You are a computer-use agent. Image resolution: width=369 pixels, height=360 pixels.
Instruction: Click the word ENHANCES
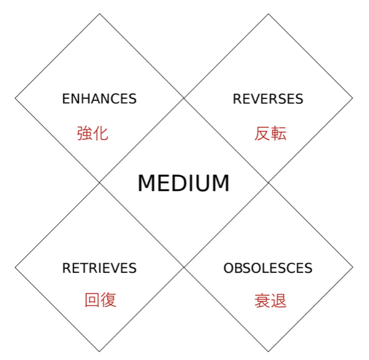99,99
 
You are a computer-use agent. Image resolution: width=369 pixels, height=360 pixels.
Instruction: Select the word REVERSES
268,99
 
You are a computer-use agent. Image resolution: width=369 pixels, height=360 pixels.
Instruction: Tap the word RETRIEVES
99,268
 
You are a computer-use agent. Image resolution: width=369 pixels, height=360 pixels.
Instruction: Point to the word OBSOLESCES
268,268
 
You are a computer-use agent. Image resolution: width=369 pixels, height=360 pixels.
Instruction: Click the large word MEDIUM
183,183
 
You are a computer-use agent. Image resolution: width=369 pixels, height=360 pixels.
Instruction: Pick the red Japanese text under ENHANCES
93,133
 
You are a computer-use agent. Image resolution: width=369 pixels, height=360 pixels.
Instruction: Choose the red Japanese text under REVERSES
271,133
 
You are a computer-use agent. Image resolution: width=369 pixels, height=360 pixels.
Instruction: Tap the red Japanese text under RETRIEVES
100,300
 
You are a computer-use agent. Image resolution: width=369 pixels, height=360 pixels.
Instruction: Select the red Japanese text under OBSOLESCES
271,301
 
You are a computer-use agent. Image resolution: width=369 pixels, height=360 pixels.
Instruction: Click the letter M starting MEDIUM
146,183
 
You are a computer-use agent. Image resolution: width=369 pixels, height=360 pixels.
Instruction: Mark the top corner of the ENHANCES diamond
100,14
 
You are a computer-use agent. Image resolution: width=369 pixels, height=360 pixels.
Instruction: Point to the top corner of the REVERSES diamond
268,14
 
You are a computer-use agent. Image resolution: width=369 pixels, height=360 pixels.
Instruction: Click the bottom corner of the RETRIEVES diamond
99,352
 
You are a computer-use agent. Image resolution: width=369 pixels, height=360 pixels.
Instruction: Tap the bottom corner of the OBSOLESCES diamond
268,352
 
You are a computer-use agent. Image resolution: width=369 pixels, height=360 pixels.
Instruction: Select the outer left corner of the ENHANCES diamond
15,98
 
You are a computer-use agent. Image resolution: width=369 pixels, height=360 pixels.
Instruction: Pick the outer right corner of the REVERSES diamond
353,98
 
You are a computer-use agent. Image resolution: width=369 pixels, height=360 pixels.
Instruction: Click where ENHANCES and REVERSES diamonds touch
184,98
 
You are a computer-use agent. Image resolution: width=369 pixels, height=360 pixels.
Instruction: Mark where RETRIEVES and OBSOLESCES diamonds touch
184,267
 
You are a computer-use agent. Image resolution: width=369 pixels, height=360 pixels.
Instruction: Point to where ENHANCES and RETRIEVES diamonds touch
99,182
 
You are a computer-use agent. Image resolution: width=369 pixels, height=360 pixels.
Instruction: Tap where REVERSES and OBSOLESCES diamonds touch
268,182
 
